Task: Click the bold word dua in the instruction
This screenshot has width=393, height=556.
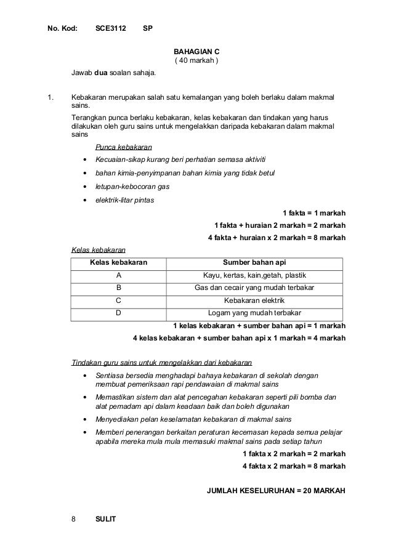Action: click(100, 75)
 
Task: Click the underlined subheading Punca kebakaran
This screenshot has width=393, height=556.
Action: click(124, 147)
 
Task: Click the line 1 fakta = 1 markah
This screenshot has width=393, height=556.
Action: click(314, 214)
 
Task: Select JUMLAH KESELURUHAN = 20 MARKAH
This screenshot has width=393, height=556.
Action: click(278, 491)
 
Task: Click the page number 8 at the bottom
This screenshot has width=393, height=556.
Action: click(73, 518)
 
